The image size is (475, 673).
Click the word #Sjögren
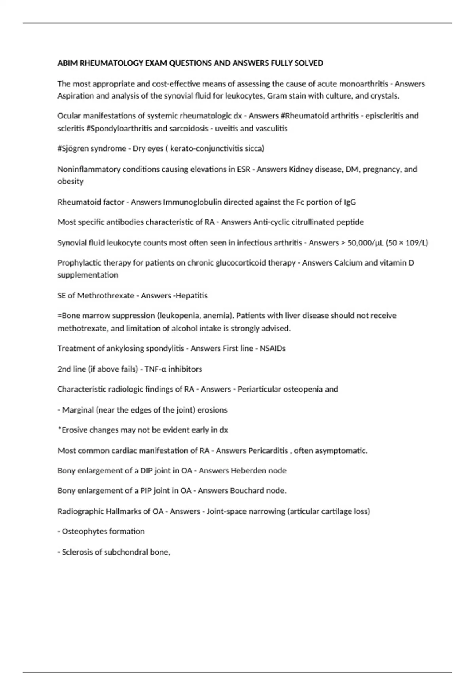point(74,148)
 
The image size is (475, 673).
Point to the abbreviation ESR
point(243,169)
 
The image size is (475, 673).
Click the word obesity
point(70,181)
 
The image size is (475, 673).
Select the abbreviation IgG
point(350,202)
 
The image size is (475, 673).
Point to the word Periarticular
point(260,389)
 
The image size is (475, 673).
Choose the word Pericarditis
point(268,451)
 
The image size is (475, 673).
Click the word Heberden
point(248,471)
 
